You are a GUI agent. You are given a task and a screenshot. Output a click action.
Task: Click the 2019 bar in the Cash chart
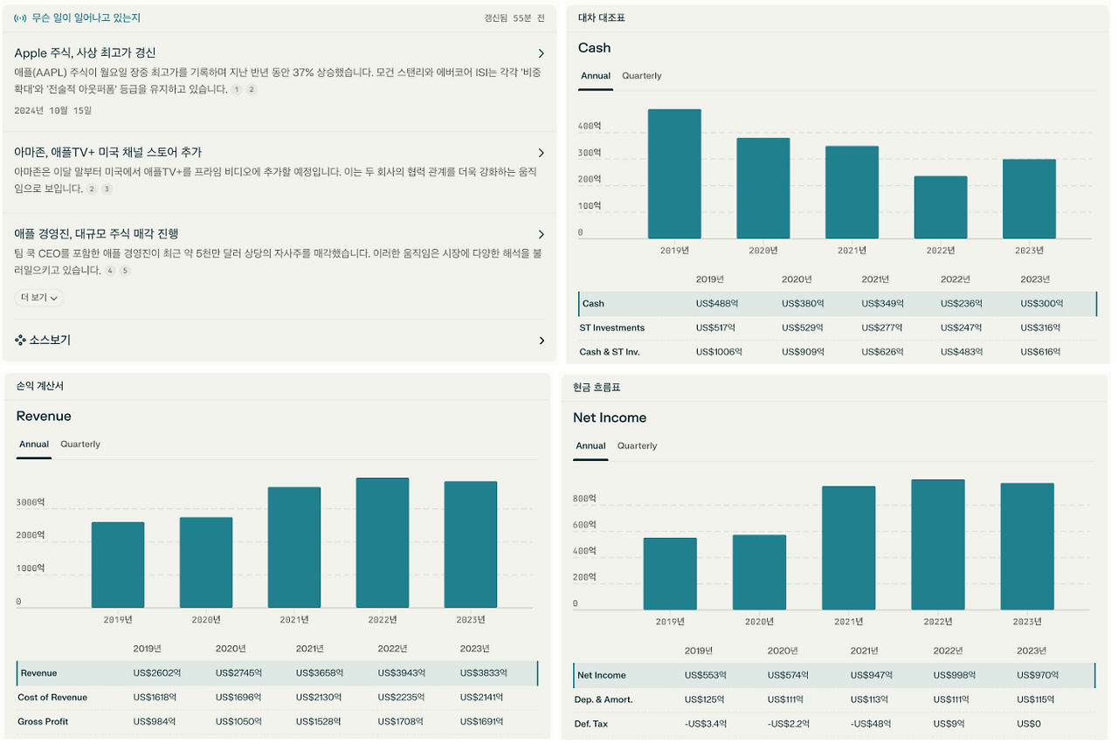674,174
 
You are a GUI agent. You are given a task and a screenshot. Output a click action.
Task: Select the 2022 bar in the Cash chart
941,208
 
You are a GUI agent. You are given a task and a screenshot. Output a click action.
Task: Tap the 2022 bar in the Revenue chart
383,542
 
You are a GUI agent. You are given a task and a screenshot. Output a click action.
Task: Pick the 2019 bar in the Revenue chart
118,565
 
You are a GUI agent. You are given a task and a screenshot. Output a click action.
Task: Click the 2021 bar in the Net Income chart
848,548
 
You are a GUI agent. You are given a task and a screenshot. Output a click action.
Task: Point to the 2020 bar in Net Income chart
759,572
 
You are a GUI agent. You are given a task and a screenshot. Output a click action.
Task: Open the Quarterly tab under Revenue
80,444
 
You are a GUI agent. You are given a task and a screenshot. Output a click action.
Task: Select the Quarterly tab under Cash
642,76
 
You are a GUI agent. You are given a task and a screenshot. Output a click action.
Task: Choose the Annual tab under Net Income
590,446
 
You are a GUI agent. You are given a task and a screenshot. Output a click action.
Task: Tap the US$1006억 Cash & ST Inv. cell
719,352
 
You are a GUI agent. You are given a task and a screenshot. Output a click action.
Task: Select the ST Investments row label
611,327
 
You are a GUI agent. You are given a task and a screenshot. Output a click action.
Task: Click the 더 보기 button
39,298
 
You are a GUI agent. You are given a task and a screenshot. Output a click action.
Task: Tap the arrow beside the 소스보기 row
542,341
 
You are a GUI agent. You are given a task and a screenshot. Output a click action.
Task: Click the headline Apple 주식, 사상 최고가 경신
85,53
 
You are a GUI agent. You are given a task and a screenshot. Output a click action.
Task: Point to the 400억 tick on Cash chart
590,126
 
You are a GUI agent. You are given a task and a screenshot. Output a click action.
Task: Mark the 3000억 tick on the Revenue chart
31,503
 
